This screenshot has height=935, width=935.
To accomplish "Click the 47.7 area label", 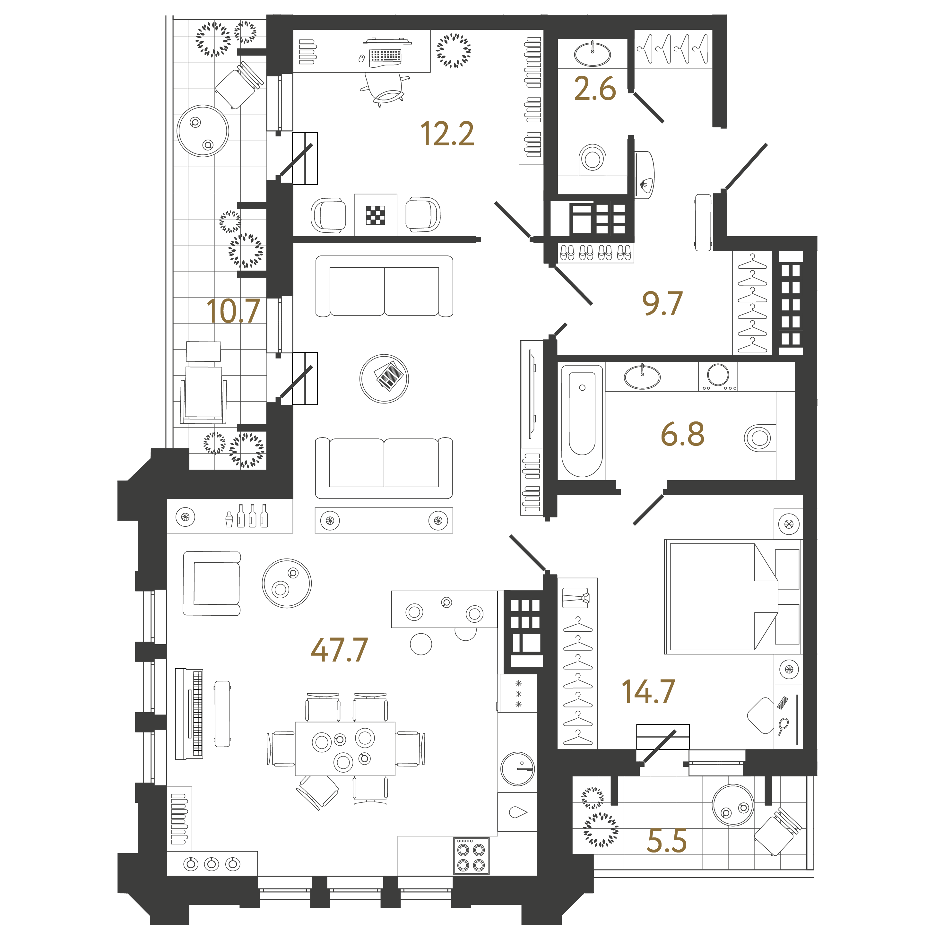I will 339,650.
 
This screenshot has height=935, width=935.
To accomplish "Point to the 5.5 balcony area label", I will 667,841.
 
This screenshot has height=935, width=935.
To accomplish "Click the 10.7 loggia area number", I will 233,311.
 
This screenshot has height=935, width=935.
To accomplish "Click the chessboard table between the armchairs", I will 375,215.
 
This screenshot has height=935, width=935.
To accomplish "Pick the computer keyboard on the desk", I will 385,56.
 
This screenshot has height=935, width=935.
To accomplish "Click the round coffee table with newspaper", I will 384,378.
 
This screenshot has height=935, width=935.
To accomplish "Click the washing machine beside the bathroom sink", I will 718,376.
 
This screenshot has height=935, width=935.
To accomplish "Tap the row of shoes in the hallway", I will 595,253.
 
